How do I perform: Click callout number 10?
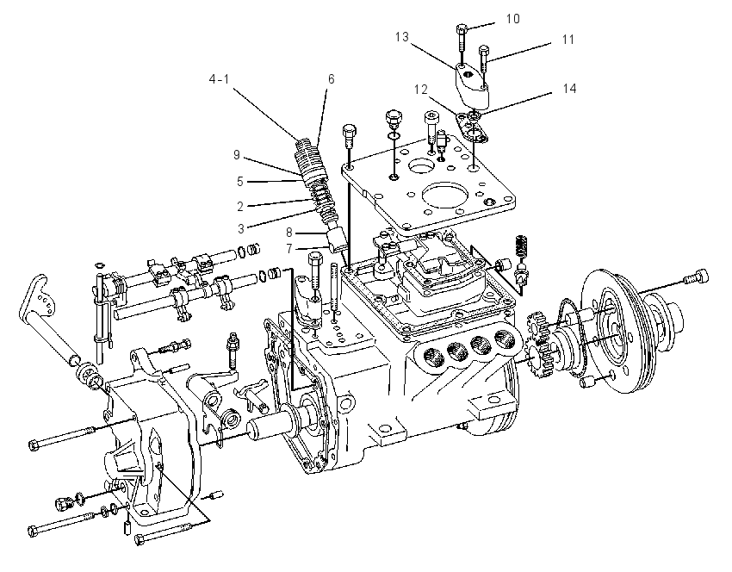tap(512, 19)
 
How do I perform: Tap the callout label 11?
tap(568, 40)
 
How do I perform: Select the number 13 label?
tap(401, 37)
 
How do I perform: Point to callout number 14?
tap(569, 88)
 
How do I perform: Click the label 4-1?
tap(219, 79)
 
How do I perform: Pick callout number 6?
tap(331, 79)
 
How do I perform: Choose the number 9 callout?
tap(237, 154)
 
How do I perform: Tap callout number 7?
tap(289, 249)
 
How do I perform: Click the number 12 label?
tap(420, 90)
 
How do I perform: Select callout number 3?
tap(241, 228)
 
